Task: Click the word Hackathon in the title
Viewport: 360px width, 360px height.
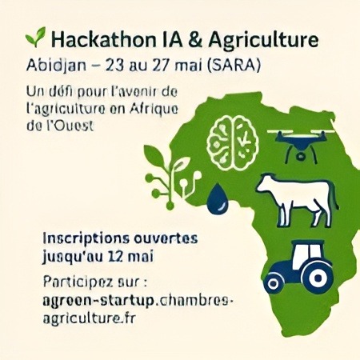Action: [x=103, y=39]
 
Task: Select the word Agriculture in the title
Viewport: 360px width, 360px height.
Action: [x=263, y=40]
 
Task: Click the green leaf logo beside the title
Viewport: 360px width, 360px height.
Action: [x=35, y=37]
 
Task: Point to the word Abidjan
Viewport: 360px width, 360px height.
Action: [x=56, y=66]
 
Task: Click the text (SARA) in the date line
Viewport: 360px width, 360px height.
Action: [x=234, y=65]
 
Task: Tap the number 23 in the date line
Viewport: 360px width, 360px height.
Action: [x=114, y=65]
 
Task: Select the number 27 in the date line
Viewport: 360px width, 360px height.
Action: [x=162, y=65]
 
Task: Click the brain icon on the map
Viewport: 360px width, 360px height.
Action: [x=233, y=143]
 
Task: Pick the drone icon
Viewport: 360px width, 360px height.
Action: [x=301, y=145]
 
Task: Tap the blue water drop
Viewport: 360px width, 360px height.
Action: [x=218, y=198]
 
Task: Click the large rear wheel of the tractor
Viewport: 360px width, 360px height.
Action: [x=318, y=278]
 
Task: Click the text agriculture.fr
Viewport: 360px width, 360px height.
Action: [x=89, y=318]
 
